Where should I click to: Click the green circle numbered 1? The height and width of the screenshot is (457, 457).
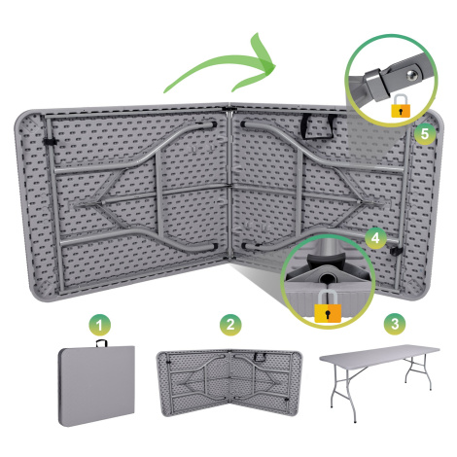[x=99, y=325]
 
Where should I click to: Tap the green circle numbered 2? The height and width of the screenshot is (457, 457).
[x=230, y=325]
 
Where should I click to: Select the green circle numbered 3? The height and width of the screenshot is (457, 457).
[x=395, y=324]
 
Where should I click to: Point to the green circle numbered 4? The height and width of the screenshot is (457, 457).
[x=375, y=238]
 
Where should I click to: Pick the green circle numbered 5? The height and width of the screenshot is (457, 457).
[x=424, y=134]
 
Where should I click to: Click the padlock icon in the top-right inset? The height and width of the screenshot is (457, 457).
[x=401, y=106]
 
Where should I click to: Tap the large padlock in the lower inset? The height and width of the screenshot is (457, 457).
[x=328, y=307]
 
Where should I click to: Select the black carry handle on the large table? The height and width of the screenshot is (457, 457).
[x=318, y=126]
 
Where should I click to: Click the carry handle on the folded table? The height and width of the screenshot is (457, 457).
[x=101, y=343]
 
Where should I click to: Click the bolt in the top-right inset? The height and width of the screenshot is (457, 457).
[x=412, y=75]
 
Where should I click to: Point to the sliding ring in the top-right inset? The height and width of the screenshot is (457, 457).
[x=377, y=85]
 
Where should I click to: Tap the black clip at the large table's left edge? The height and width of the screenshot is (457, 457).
[x=50, y=141]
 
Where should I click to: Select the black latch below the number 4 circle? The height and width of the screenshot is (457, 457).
[x=396, y=251]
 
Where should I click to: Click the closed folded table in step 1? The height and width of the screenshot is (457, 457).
[x=96, y=386]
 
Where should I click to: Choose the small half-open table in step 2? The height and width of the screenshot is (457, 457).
[x=229, y=383]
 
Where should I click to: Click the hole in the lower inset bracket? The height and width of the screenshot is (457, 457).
[x=328, y=278]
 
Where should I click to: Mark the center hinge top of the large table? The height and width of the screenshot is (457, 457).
[x=229, y=108]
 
